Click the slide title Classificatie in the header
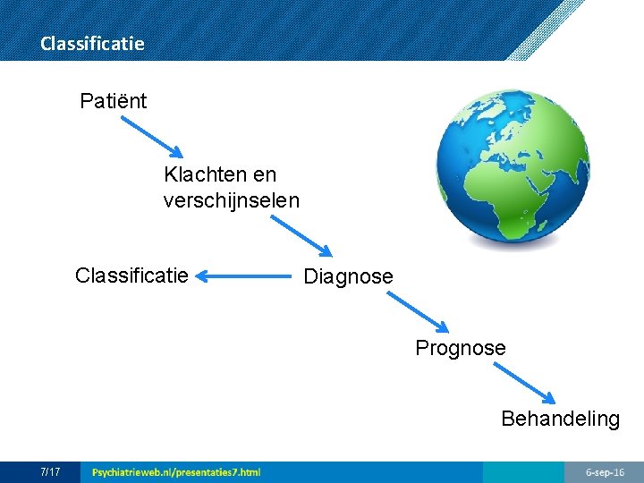click(92, 43)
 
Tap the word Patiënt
click(113, 101)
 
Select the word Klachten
click(200, 174)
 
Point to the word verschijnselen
click(231, 200)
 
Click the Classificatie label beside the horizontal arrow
click(131, 275)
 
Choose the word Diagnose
click(348, 277)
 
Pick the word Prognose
click(460, 348)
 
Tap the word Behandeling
click(560, 419)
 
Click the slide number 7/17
click(50, 471)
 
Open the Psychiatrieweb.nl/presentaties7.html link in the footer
click(176, 471)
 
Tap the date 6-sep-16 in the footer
click(605, 471)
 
